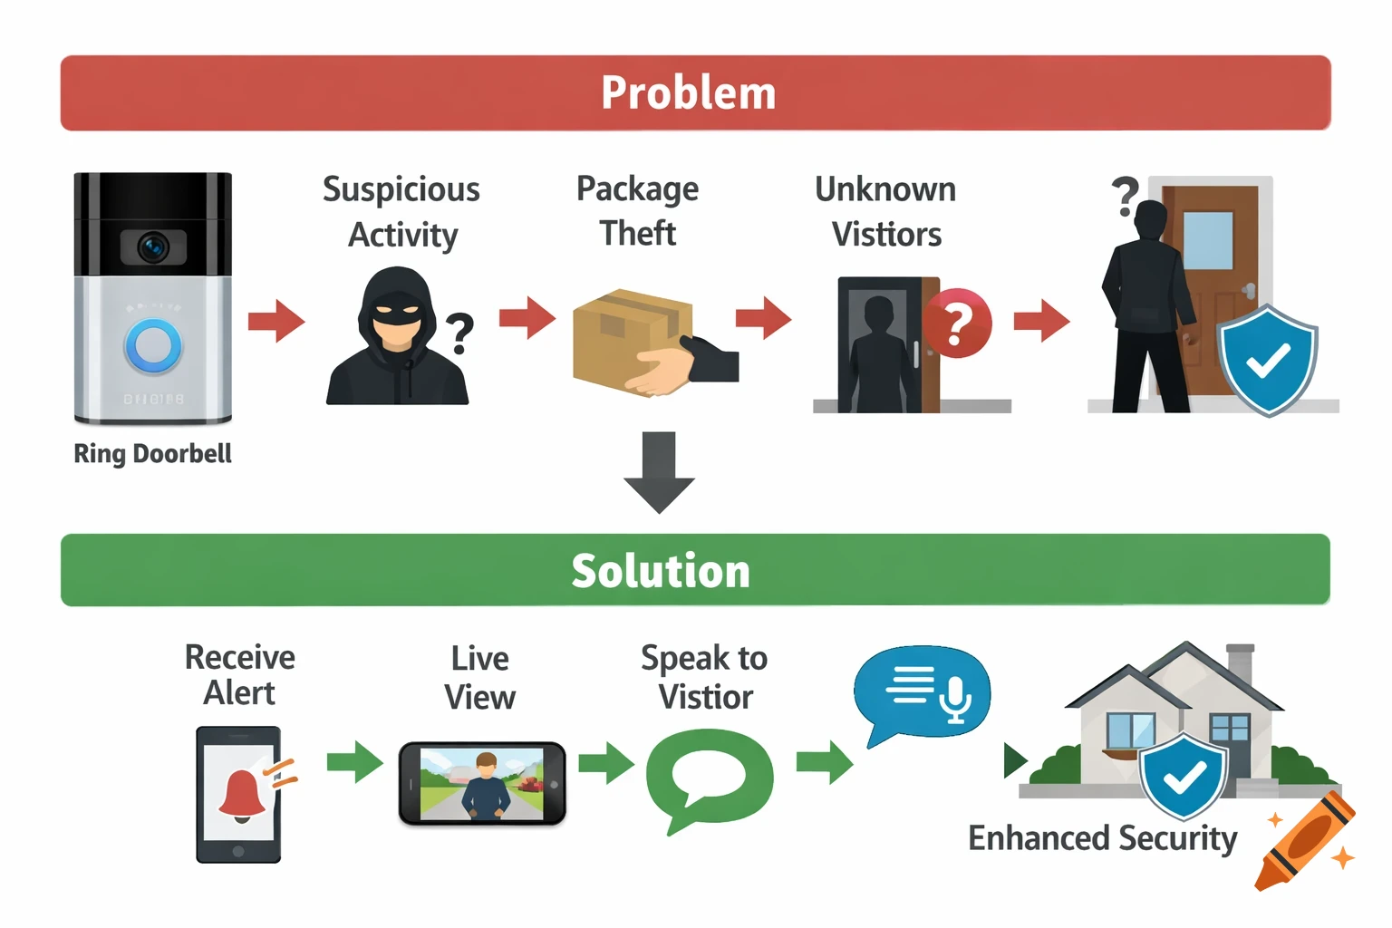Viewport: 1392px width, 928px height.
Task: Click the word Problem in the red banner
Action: tap(688, 93)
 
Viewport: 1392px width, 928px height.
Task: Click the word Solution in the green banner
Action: tap(661, 571)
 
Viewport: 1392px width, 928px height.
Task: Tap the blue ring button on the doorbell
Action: tap(153, 346)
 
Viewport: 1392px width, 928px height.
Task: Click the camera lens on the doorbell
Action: tap(152, 246)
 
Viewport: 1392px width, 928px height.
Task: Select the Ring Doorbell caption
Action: tap(152, 453)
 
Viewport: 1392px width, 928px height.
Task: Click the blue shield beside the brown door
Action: tap(1268, 361)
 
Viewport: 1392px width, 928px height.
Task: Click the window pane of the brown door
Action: tap(1207, 240)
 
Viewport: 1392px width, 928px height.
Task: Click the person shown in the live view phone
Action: tap(486, 785)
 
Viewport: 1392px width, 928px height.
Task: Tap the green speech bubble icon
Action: tap(709, 778)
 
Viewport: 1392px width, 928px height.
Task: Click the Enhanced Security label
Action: tap(1102, 838)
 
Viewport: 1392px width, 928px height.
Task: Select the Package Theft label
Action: tap(638, 210)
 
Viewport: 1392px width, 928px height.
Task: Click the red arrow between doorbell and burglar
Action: tap(276, 320)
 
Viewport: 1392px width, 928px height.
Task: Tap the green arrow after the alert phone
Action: tap(355, 761)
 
